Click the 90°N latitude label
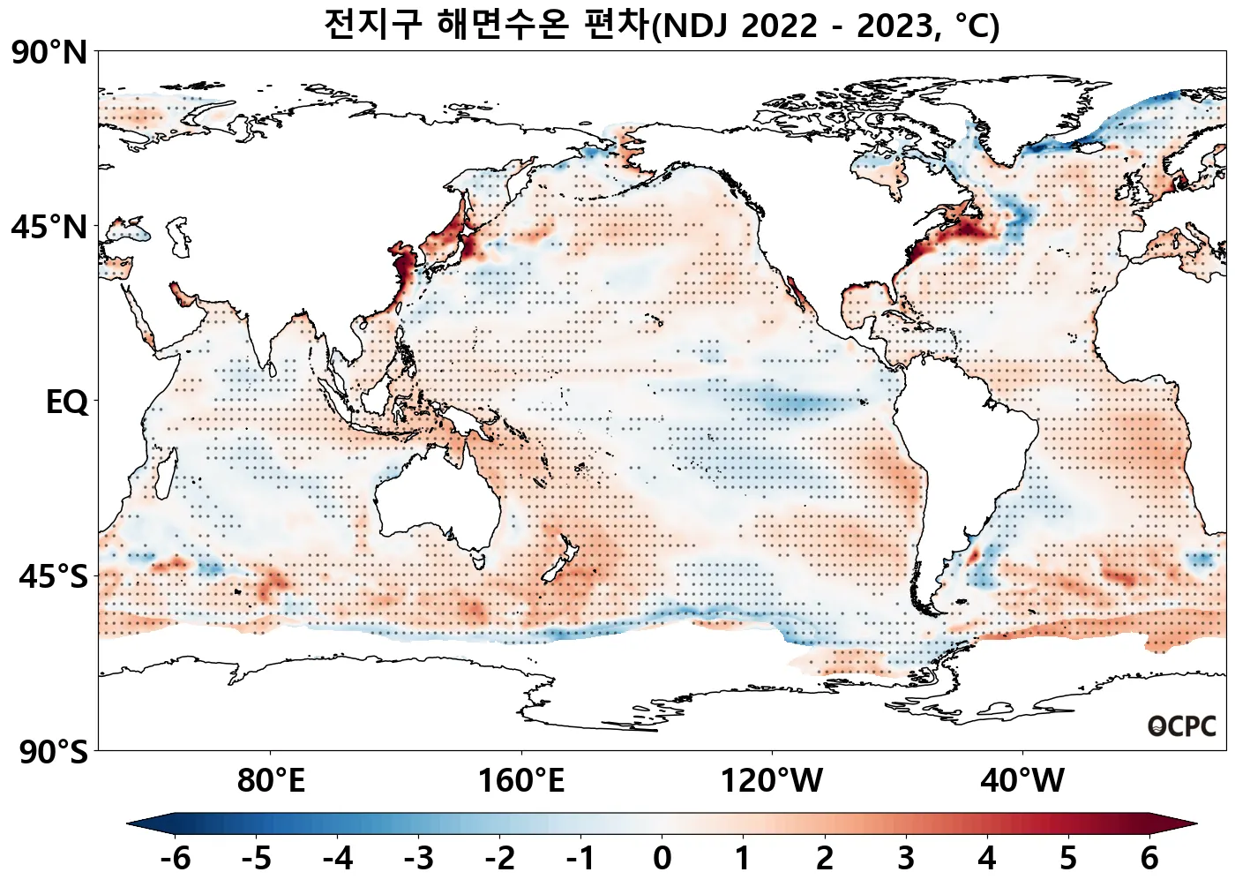click(x=49, y=53)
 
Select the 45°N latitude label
click(x=49, y=228)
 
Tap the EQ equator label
click(x=67, y=402)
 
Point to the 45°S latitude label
click(x=53, y=577)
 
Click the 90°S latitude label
click(x=53, y=753)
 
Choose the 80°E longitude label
click(x=271, y=781)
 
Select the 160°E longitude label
click(x=520, y=781)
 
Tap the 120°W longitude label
click(x=772, y=781)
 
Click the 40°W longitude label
click(x=1022, y=781)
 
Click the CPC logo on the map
click(x=1182, y=726)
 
